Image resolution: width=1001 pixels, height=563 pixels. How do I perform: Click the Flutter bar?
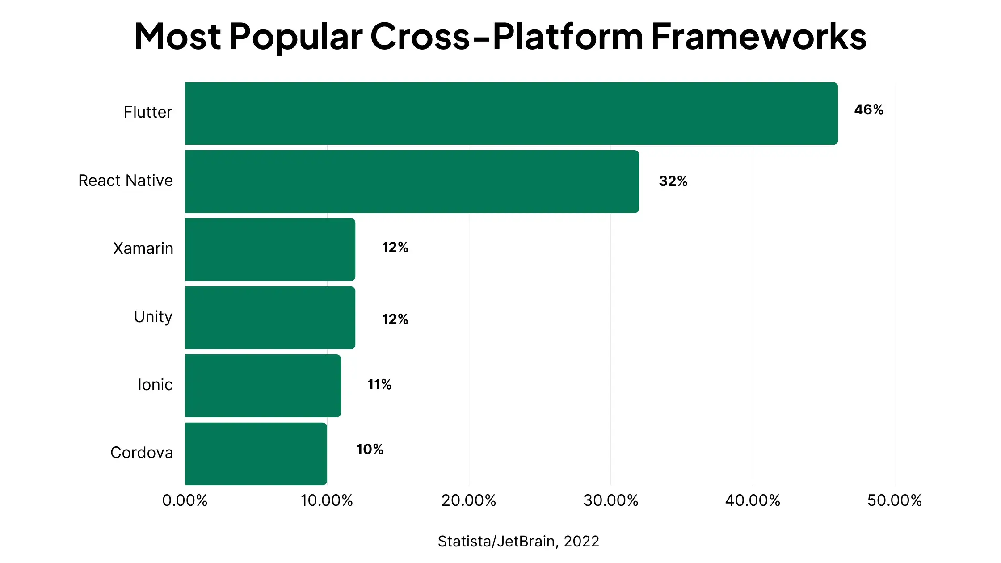click(511, 113)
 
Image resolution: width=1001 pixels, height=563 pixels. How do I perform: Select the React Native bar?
click(412, 181)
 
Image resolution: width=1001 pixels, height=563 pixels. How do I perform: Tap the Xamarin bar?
click(270, 249)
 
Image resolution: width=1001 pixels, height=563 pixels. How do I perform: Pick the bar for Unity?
click(270, 318)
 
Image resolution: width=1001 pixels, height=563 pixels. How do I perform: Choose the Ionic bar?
click(263, 386)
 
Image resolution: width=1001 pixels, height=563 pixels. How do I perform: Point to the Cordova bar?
click(256, 454)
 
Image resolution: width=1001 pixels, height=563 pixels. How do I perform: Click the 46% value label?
click(869, 110)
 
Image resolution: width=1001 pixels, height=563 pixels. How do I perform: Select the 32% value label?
click(673, 181)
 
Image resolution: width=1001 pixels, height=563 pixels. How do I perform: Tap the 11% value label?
click(379, 384)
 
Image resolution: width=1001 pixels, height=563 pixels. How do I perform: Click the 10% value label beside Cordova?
click(370, 449)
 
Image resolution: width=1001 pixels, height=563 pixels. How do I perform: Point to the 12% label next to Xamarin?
click(395, 247)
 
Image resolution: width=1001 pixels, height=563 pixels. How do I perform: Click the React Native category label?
click(126, 181)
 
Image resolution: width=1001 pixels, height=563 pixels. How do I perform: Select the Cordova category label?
click(142, 453)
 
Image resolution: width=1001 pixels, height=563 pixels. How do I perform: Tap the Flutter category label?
click(148, 112)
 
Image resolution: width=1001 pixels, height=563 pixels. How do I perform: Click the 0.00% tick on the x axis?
click(185, 500)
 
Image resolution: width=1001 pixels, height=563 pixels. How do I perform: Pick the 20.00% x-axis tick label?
click(469, 500)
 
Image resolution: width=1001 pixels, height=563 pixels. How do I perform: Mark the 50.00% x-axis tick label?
click(895, 500)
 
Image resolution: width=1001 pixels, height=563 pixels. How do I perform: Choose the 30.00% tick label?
click(611, 500)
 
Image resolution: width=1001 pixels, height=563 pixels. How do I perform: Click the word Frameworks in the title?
click(759, 36)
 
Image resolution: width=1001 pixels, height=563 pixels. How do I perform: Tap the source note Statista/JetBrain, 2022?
click(518, 541)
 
